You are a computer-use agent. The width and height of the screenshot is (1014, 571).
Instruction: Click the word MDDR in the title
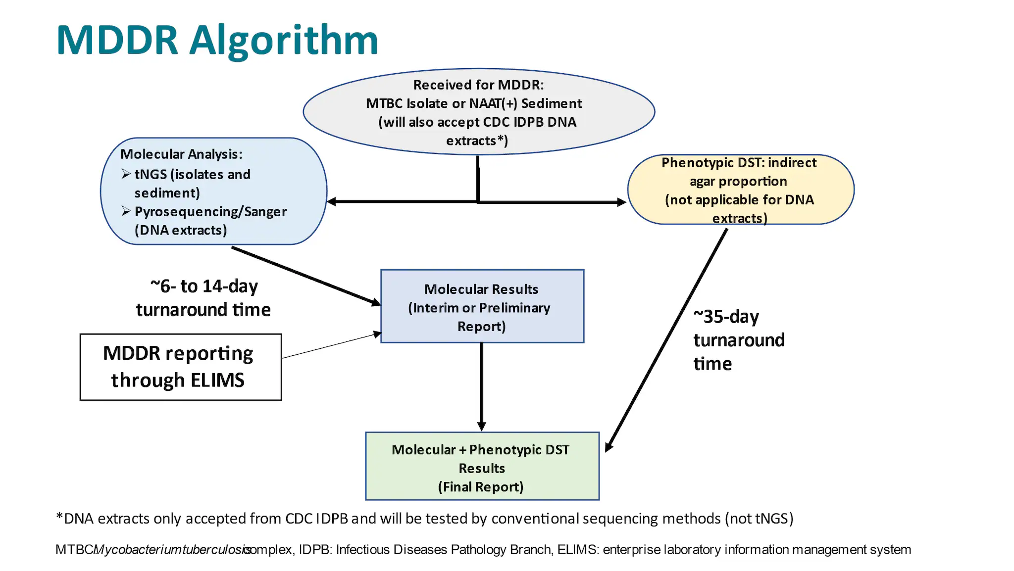pos(117,41)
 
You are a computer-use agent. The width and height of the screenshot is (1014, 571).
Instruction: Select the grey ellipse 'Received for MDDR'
pos(478,112)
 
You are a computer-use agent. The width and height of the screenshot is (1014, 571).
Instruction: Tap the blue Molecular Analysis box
pos(213,191)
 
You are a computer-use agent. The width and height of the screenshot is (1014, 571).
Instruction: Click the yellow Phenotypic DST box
pos(740,190)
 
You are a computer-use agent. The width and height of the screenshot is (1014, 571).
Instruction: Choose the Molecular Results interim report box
pos(482,307)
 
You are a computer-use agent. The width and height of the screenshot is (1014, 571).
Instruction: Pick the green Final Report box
pos(482,467)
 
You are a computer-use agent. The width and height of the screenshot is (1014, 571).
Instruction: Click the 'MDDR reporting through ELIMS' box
pos(181,367)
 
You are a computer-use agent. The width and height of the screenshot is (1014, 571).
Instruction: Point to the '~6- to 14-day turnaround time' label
pos(203,298)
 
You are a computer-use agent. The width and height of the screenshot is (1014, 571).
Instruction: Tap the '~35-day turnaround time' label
pos(738,340)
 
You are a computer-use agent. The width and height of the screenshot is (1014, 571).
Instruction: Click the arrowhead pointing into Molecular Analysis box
pos(331,201)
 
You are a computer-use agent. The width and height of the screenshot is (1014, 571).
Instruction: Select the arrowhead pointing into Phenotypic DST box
pos(622,202)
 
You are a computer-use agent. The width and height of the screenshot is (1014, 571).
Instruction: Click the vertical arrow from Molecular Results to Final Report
pos(481,386)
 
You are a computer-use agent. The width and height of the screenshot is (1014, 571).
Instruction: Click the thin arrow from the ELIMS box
pos(331,346)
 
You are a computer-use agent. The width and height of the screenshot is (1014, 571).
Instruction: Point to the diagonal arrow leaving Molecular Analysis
pos(304,275)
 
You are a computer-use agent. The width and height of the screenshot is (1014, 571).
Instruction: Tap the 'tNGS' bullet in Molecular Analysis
pos(151,175)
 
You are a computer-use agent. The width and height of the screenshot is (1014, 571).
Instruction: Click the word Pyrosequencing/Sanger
pos(210,212)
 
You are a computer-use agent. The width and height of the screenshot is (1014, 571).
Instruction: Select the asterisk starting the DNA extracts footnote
pos(59,518)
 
